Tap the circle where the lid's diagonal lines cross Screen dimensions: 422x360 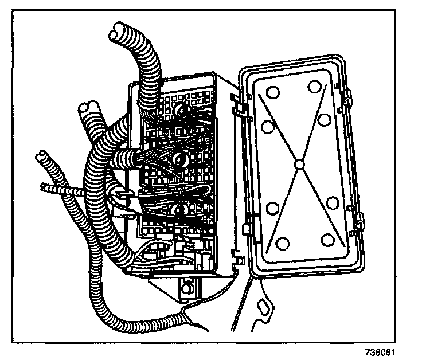[298, 165]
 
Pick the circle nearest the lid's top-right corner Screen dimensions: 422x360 [314, 87]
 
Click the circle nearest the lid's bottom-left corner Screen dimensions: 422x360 [282, 244]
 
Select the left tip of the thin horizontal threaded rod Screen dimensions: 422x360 [44, 186]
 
